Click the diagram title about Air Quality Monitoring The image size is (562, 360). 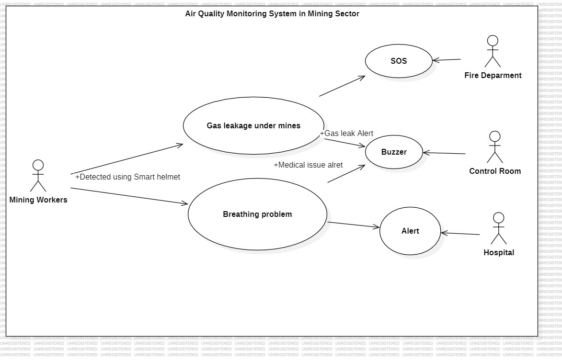[x=272, y=14]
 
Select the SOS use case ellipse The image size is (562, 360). [x=399, y=61]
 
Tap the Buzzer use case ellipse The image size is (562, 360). [x=394, y=152]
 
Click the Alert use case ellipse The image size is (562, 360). [x=410, y=231]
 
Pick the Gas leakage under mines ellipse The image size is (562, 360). [x=253, y=126]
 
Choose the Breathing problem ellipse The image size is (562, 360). [x=257, y=214]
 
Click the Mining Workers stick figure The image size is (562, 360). [x=38, y=176]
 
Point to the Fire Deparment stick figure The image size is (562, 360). [x=492, y=51]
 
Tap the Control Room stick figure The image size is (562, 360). [x=494, y=147]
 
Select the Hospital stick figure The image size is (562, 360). [x=499, y=228]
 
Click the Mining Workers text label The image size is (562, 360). [x=38, y=200]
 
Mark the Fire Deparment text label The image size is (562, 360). [x=493, y=76]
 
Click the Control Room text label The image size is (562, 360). [x=494, y=171]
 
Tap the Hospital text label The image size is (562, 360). [x=499, y=253]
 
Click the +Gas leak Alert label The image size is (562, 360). [x=346, y=134]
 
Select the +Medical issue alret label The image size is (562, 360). [x=308, y=165]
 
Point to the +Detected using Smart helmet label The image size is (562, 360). [x=127, y=177]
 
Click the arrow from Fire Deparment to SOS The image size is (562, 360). [x=447, y=60]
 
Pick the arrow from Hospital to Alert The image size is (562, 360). [x=460, y=234]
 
